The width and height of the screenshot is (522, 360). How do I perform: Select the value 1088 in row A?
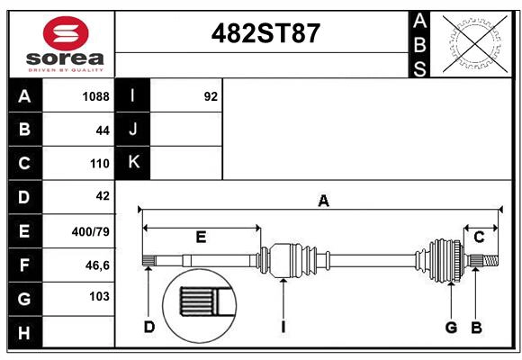(x=95, y=96)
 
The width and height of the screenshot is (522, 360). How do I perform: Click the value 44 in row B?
(x=102, y=130)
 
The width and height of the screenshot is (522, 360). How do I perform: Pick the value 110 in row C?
(x=99, y=164)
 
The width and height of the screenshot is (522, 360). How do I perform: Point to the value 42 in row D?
(x=102, y=196)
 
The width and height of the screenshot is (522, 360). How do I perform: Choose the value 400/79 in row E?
(x=90, y=231)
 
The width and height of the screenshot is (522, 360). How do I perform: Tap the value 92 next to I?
(x=211, y=96)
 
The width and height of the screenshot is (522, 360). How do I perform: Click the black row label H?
(x=24, y=332)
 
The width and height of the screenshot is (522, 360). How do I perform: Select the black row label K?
(x=133, y=162)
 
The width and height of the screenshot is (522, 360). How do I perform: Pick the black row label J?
(x=133, y=130)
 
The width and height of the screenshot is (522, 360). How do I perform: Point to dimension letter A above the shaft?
(x=323, y=202)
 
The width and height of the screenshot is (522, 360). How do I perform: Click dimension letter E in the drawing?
(x=201, y=238)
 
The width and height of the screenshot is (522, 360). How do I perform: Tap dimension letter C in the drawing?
(x=479, y=237)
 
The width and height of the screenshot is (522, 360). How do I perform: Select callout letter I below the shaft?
(x=283, y=327)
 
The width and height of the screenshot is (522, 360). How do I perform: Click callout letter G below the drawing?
(x=452, y=327)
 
